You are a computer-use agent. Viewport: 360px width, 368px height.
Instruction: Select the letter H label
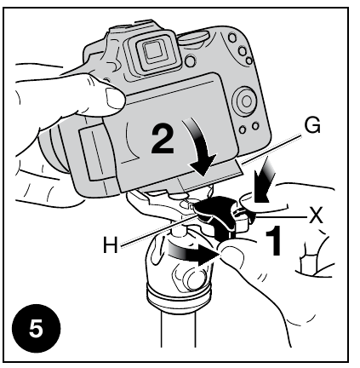click(x=109, y=244)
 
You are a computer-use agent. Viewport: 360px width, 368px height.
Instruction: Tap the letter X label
click(x=317, y=216)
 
